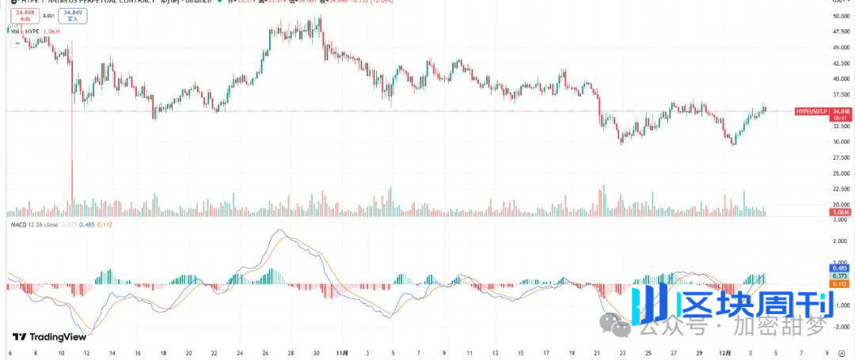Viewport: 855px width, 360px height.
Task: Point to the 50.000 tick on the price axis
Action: (841, 16)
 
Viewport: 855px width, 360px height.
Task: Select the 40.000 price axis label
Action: (841, 79)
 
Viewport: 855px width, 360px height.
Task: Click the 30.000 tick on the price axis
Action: (841, 142)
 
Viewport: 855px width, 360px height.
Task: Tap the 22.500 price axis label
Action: (841, 189)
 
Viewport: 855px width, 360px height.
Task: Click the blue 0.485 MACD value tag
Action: (842, 267)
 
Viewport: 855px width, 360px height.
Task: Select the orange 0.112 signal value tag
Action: (842, 283)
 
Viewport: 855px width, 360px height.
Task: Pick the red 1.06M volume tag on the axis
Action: (842, 213)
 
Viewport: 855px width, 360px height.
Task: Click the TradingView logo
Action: (49, 336)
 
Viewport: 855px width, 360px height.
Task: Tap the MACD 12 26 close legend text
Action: (35, 225)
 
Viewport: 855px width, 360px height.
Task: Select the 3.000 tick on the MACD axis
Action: (841, 221)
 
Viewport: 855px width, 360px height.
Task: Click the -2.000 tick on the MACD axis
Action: (841, 326)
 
